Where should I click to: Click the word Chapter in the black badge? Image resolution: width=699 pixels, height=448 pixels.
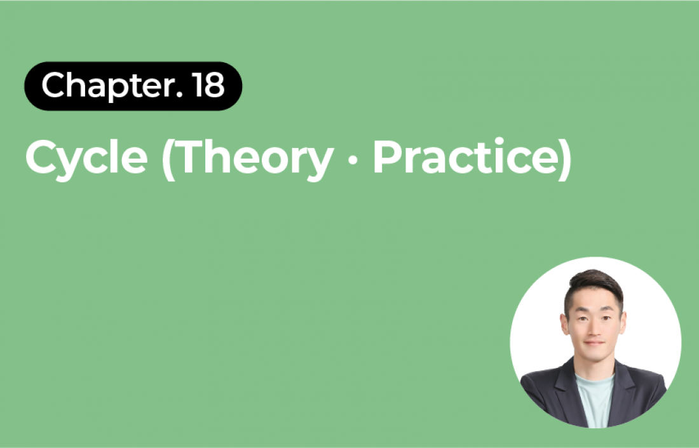pos(108,86)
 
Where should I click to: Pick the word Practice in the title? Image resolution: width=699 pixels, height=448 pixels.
pos(465,156)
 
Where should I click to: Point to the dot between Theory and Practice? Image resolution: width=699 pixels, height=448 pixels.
pos(353,159)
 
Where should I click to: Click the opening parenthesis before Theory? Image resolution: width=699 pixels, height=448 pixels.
pos(168,159)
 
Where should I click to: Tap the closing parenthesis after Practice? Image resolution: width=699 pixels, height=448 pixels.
pos(566,159)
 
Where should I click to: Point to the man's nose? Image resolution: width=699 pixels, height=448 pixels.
pos(594,329)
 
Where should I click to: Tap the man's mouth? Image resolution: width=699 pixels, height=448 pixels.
pos(594,343)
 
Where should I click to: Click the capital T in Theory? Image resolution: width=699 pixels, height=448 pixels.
pos(192,156)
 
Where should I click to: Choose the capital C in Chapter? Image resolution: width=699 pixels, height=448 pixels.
pos(53,85)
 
